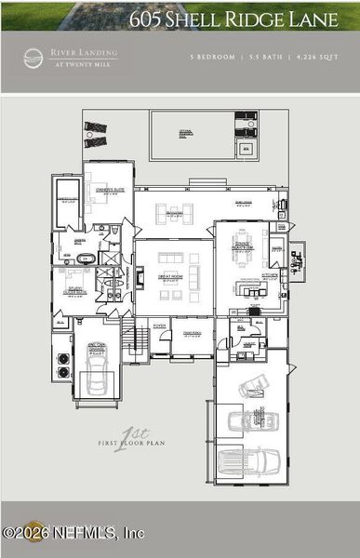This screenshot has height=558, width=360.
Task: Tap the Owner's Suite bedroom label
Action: (x=108, y=187)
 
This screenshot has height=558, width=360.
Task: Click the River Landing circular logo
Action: (x=33, y=58)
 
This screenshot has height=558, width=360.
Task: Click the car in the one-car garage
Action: (x=97, y=364)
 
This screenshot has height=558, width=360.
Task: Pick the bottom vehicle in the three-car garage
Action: (x=247, y=460)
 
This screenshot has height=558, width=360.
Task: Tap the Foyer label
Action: (x=159, y=326)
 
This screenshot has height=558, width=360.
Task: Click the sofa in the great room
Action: (x=172, y=258)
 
